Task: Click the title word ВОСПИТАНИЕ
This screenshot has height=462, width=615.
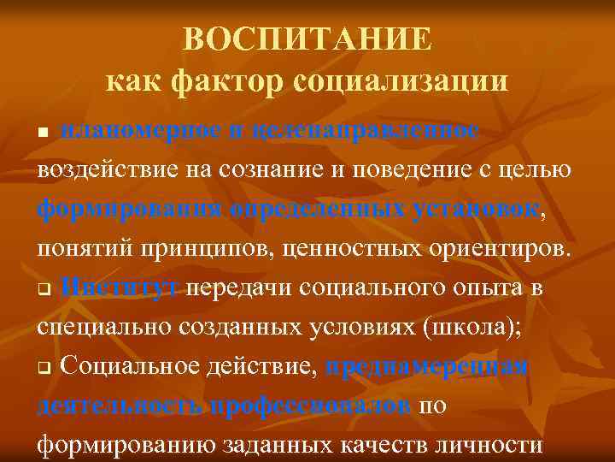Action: tap(307, 39)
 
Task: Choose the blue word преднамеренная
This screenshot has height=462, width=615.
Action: tap(428, 366)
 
